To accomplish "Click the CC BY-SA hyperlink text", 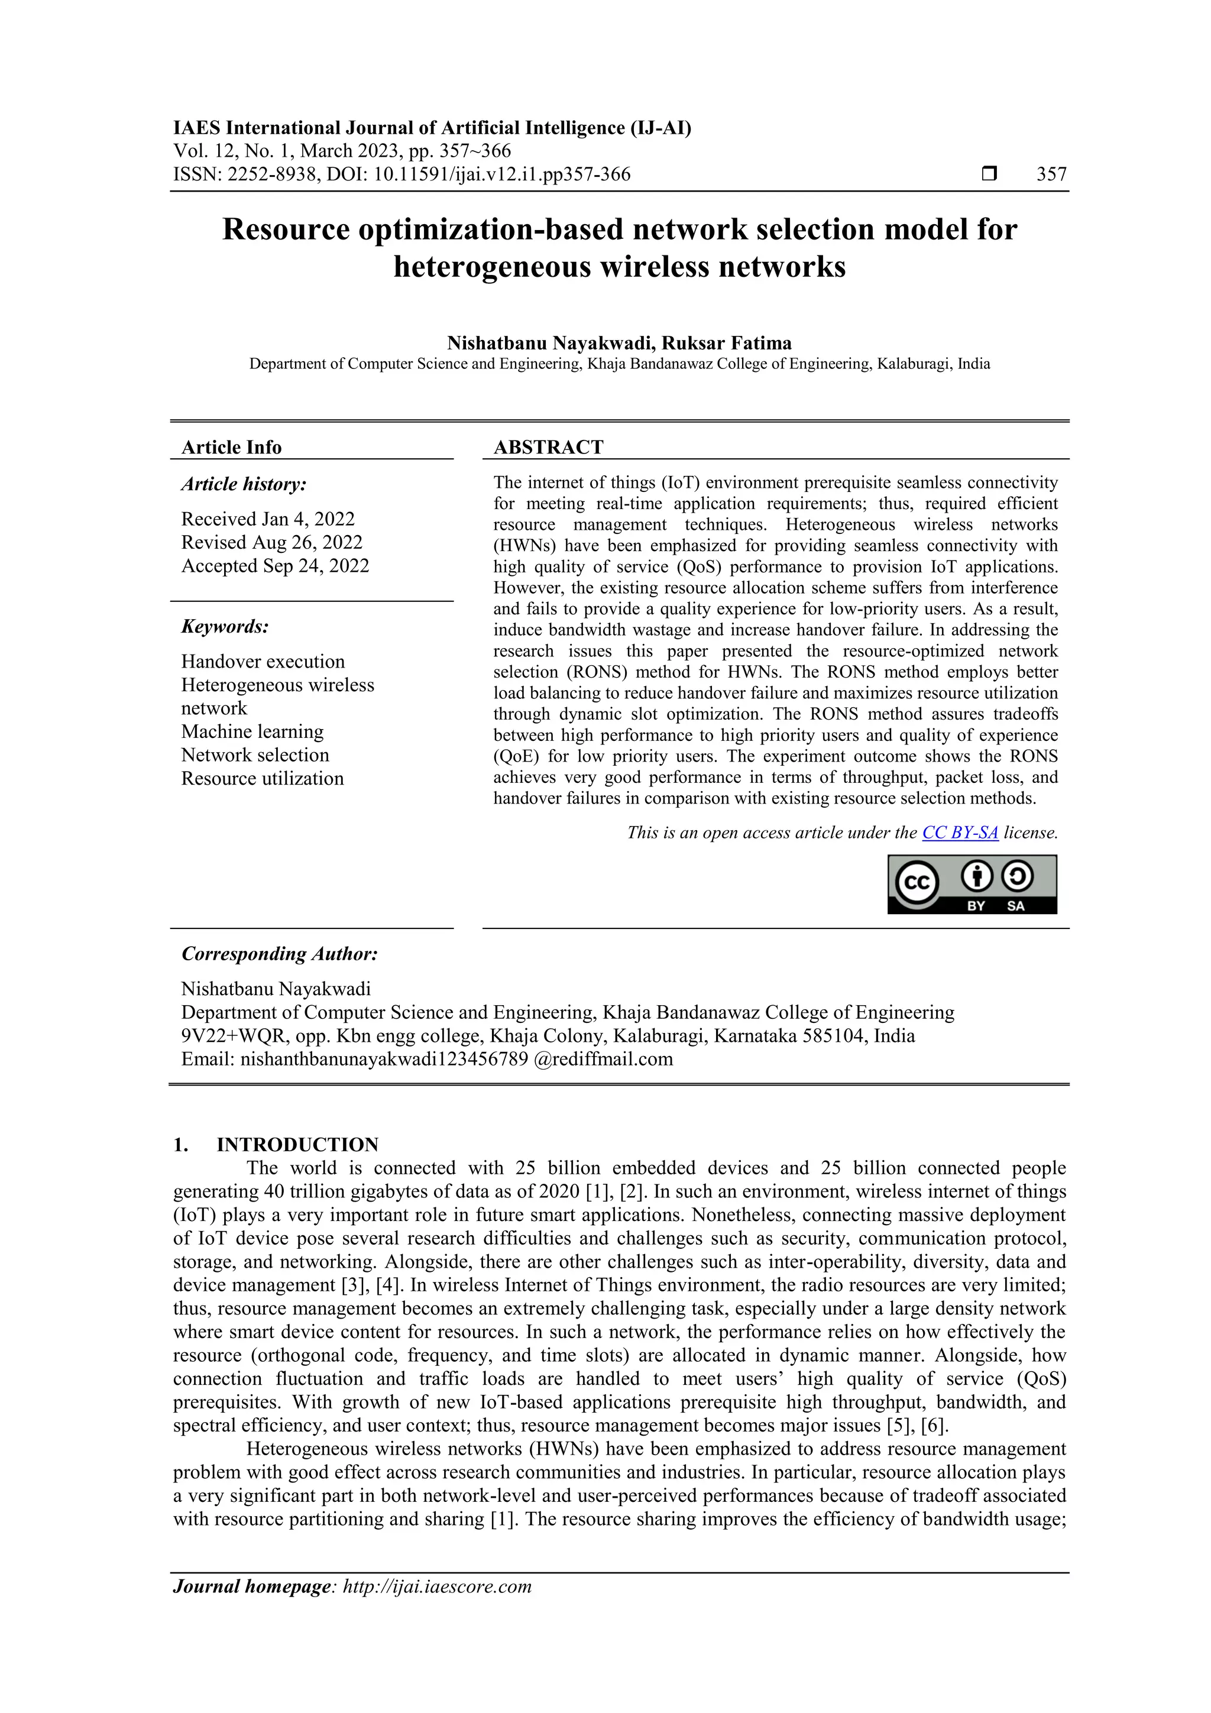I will click(960, 833).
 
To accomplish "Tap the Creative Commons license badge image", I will click(972, 884).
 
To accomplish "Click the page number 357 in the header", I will click(1051, 174).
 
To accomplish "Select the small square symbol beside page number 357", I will click(989, 174).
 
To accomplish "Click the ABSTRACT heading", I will click(548, 447).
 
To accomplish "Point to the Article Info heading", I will click(231, 447).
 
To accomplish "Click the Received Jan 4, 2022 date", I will click(268, 519).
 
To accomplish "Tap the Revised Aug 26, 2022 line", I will click(271, 542).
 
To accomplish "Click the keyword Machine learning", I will click(252, 731).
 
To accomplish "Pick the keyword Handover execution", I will click(263, 661).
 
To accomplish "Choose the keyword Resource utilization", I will click(262, 778).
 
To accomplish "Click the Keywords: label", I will click(225, 626).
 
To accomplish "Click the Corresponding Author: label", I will click(279, 954).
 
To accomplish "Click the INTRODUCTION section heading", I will click(297, 1145).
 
